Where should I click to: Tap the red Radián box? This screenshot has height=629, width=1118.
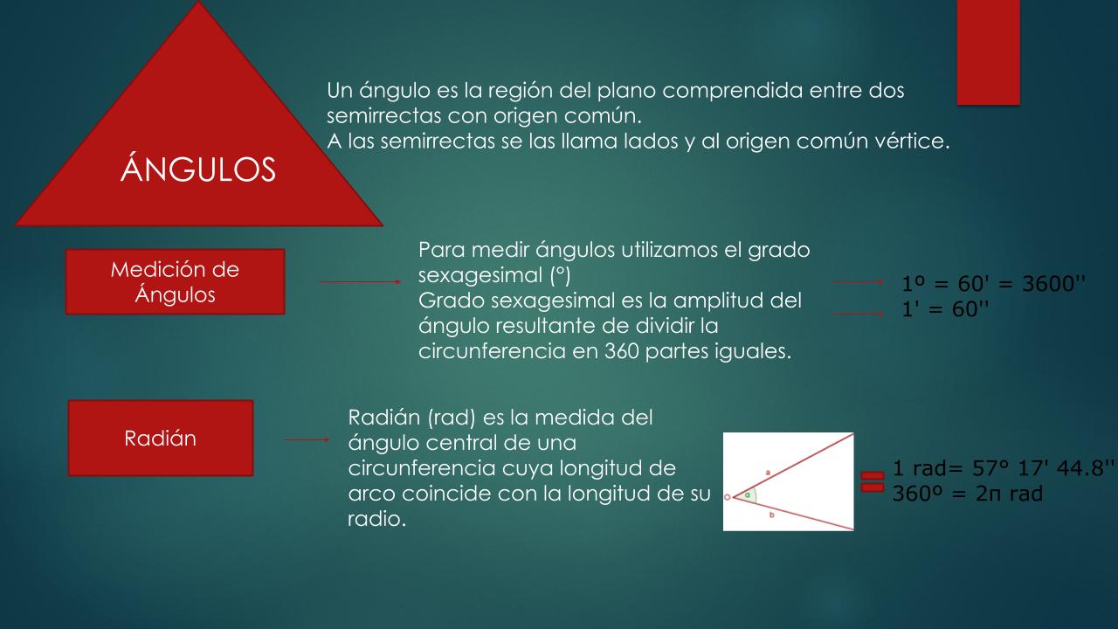click(x=161, y=438)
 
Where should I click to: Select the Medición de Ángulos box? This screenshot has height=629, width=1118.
click(x=176, y=281)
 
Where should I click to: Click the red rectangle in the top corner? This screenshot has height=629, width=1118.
click(x=988, y=52)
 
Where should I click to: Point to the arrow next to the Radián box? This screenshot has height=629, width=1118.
click(x=307, y=439)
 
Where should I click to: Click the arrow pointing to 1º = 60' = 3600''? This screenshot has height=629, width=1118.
click(x=858, y=282)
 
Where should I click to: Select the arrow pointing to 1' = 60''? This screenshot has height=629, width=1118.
click(x=858, y=314)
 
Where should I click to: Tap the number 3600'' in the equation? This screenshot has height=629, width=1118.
click(x=1053, y=284)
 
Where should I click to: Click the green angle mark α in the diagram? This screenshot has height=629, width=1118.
click(x=747, y=495)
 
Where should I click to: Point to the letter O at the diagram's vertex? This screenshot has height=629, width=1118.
click(x=728, y=497)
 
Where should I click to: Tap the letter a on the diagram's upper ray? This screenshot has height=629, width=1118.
click(x=768, y=472)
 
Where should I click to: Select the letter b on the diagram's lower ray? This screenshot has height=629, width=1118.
click(x=771, y=515)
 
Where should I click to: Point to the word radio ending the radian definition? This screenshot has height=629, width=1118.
click(x=376, y=519)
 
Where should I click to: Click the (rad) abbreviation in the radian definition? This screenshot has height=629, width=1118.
click(x=452, y=418)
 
